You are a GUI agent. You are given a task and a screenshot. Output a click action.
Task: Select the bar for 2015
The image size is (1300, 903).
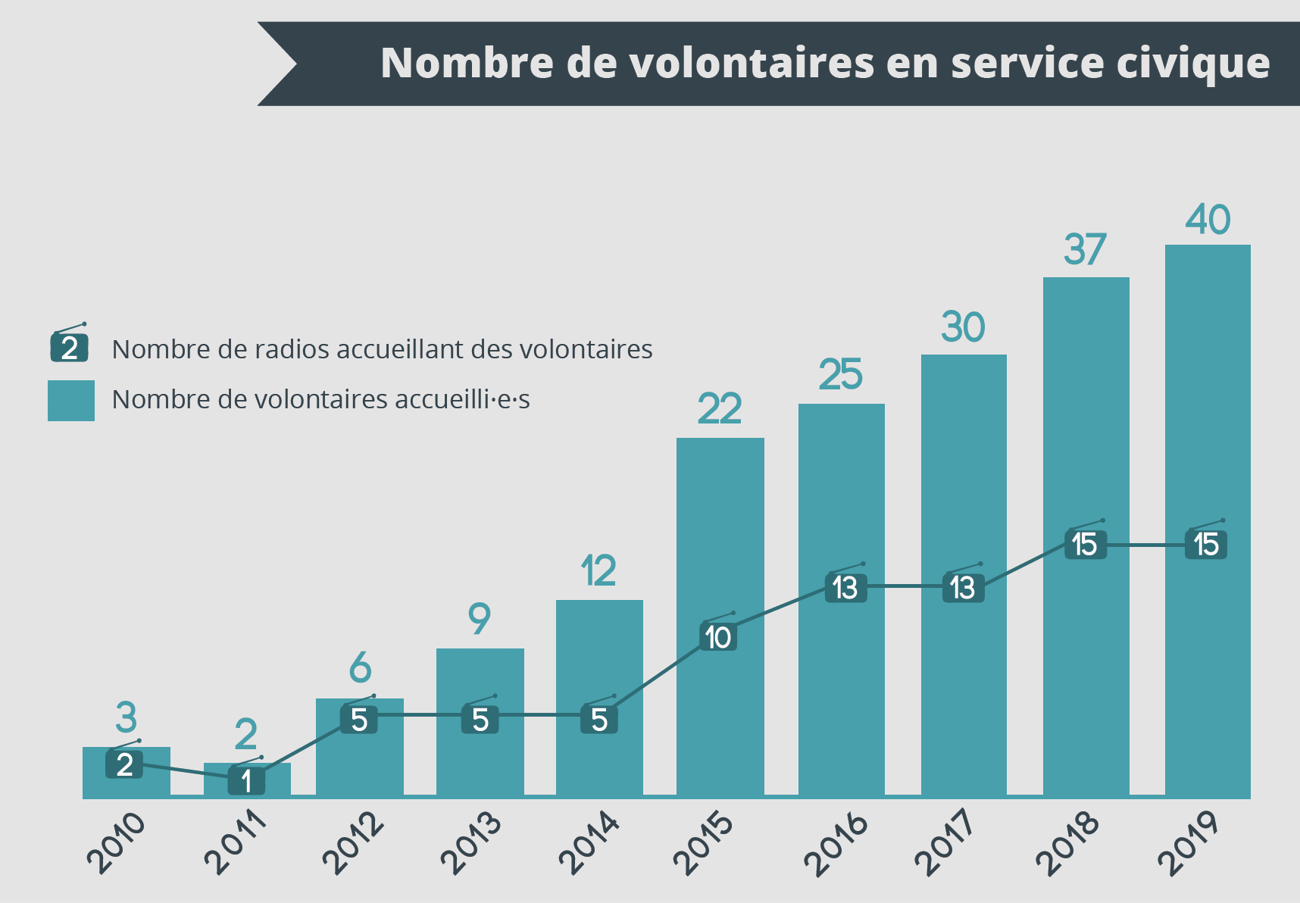[x=720, y=530]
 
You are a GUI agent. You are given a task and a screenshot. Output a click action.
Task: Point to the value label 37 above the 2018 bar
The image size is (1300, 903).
[x=1085, y=250]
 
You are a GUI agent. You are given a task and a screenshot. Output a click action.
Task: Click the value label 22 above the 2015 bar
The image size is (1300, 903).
[x=720, y=410]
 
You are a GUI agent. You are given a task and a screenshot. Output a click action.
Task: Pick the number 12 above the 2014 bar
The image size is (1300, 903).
[x=598, y=571]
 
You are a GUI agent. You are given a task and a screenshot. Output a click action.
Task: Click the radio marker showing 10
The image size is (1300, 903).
[x=718, y=637]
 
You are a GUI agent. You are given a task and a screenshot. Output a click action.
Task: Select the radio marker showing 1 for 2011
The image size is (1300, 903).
[x=246, y=781]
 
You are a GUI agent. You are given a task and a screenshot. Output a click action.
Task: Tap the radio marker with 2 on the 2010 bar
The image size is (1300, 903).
[x=125, y=764]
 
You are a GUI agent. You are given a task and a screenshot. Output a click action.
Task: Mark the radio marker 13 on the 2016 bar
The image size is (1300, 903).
[x=845, y=588]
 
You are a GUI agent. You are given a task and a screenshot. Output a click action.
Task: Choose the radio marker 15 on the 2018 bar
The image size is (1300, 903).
[x=1085, y=545]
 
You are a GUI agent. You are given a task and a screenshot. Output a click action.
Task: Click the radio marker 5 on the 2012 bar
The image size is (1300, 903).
[x=359, y=720]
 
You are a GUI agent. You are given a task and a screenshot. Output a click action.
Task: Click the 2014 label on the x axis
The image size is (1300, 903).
[x=589, y=842]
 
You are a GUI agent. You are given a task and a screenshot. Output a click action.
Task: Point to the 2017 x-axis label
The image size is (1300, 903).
[x=945, y=842]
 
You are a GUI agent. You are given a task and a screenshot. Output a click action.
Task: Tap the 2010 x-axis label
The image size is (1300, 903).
[x=116, y=842]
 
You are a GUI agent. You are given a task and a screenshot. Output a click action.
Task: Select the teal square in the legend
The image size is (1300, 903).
[x=71, y=401]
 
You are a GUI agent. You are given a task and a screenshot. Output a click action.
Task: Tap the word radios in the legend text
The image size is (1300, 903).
[x=286, y=349]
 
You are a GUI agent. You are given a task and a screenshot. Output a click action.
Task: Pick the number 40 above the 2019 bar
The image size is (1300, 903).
[x=1208, y=220]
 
